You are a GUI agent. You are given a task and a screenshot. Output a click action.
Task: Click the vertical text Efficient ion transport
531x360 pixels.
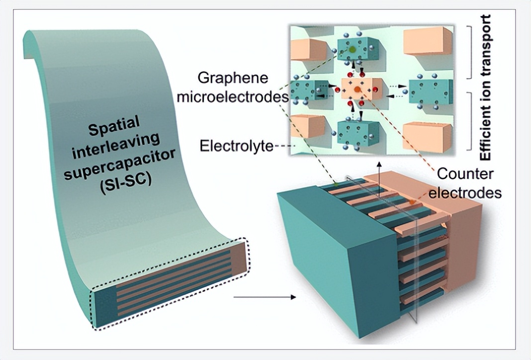[486, 87]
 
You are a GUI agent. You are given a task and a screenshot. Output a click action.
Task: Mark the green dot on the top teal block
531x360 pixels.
[353, 50]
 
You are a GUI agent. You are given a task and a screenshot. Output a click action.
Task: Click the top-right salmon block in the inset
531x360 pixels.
[427, 41]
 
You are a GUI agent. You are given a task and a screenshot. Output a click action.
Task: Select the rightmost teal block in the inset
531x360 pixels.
[431, 91]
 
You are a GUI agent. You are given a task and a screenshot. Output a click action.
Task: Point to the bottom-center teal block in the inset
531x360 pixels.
[357, 132]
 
